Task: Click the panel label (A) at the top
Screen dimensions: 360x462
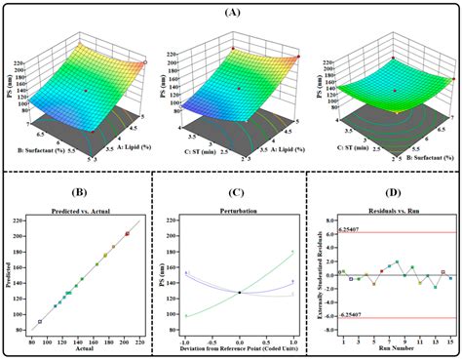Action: pyautogui.click(x=231, y=12)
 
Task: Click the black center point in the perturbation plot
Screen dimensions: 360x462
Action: pyautogui.click(x=239, y=292)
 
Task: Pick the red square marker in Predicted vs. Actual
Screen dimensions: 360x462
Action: pyautogui.click(x=127, y=233)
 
